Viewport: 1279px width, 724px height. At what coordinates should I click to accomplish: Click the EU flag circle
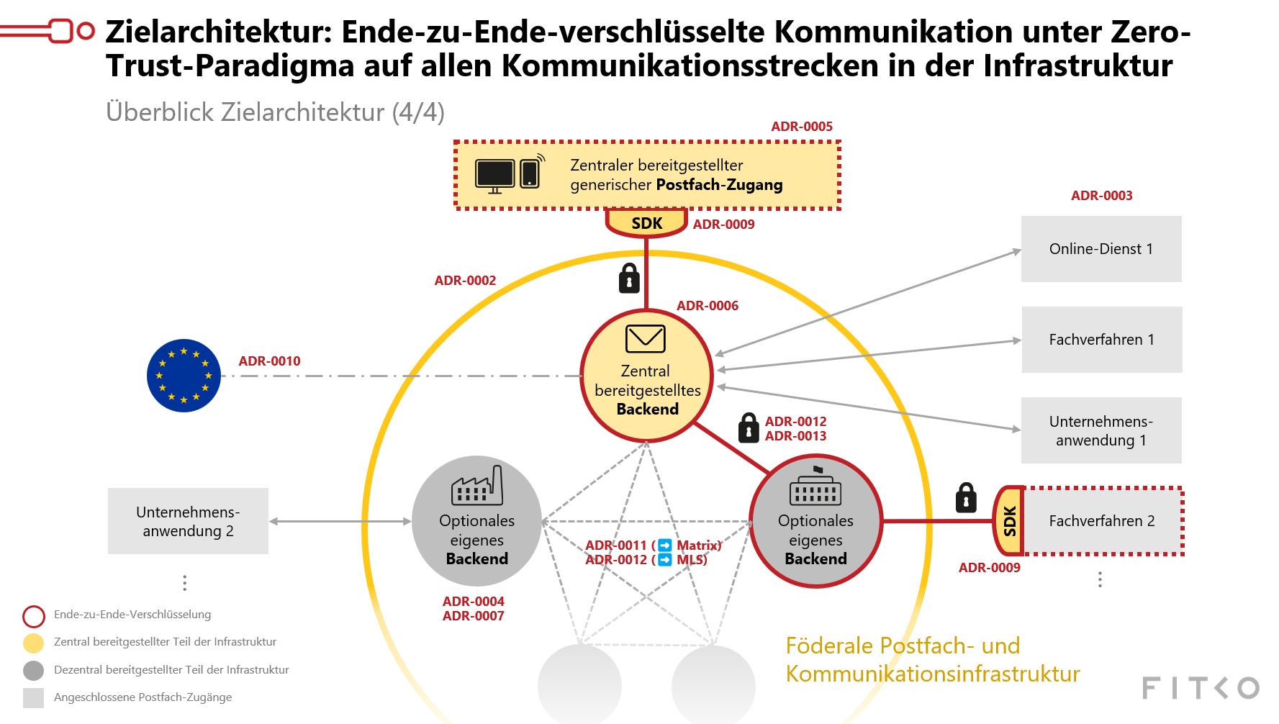pyautogui.click(x=184, y=376)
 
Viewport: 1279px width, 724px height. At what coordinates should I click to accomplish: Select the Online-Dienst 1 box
pyautogui.click(x=1101, y=249)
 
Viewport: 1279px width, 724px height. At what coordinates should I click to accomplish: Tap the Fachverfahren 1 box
pyautogui.click(x=1101, y=340)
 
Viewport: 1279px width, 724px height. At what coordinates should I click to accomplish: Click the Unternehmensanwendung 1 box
pyautogui.click(x=1101, y=430)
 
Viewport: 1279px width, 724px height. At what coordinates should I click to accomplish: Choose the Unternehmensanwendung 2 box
pyautogui.click(x=188, y=521)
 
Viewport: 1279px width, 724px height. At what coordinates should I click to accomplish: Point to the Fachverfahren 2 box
pyautogui.click(x=1102, y=521)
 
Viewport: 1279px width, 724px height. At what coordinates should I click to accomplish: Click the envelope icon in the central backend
pyautogui.click(x=645, y=338)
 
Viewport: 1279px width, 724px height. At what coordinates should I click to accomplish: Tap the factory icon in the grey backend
pyautogui.click(x=476, y=486)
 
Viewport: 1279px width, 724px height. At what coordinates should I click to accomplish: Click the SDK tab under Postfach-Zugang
pyautogui.click(x=646, y=223)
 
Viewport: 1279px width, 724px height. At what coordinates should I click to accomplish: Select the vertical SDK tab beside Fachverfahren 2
pyautogui.click(x=1009, y=521)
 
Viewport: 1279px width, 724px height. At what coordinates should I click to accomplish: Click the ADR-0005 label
pyautogui.click(x=802, y=127)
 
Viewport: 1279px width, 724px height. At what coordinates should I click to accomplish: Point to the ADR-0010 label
pyautogui.click(x=269, y=361)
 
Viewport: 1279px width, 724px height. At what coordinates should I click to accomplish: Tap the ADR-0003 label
pyautogui.click(x=1101, y=196)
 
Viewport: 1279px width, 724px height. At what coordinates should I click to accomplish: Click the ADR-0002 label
pyautogui.click(x=465, y=281)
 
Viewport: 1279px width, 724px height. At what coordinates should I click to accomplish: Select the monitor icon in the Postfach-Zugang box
pyautogui.click(x=494, y=175)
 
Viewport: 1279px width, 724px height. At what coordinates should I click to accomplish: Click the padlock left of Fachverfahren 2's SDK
pyautogui.click(x=966, y=498)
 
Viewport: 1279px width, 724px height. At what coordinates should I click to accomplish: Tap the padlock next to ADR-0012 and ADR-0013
pyautogui.click(x=749, y=427)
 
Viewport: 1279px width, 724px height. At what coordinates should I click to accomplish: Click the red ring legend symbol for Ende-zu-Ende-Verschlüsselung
pyautogui.click(x=34, y=616)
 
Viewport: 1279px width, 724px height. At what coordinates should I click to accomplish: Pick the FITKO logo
pyautogui.click(x=1200, y=688)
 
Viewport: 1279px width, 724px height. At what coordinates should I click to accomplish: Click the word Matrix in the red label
pyautogui.click(x=697, y=546)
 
